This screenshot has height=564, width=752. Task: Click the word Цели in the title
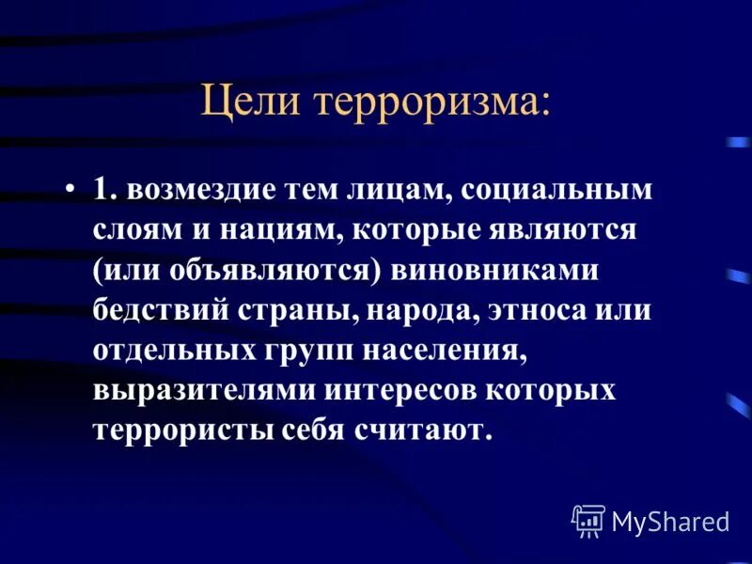pyautogui.click(x=254, y=102)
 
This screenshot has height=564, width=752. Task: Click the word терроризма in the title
pyautogui.click(x=432, y=102)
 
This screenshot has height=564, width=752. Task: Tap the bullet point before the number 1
pyautogui.click(x=71, y=190)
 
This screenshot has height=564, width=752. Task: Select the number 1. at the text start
pyautogui.click(x=104, y=190)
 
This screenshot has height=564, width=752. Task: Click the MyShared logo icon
pyautogui.click(x=587, y=520)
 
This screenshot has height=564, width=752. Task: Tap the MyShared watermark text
pyautogui.click(x=670, y=521)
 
